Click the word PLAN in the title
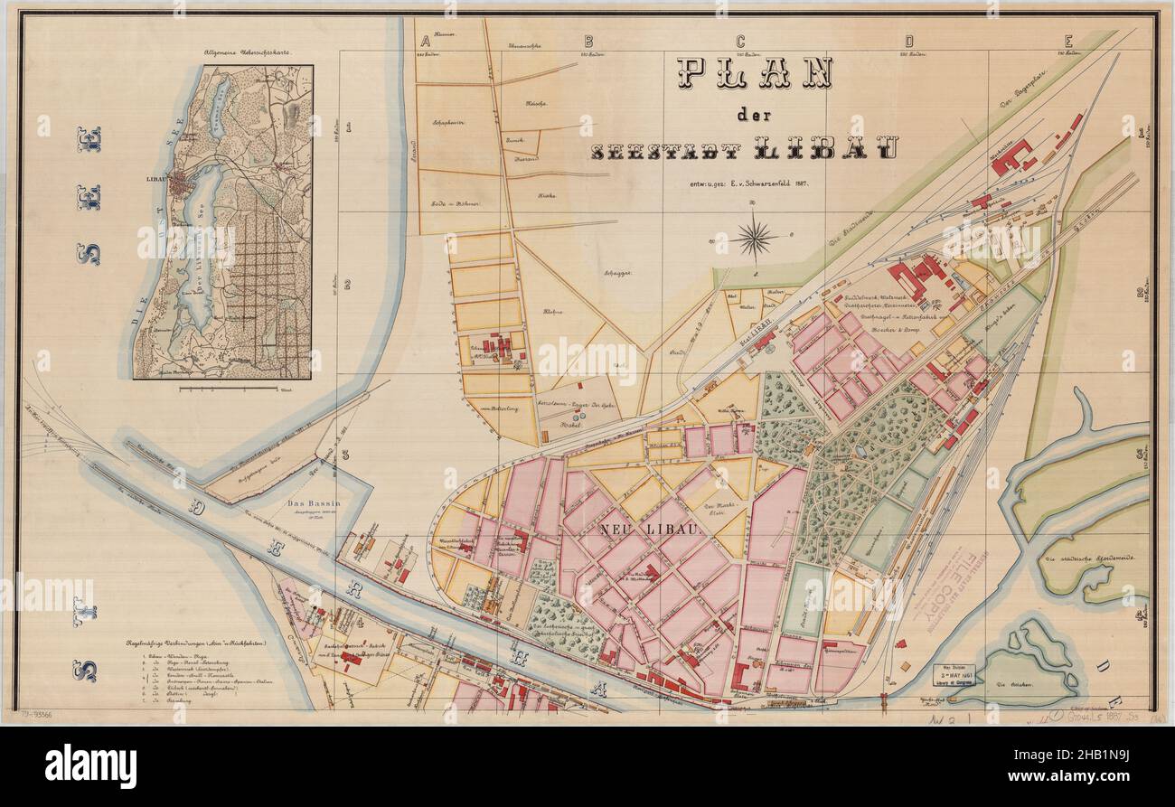point(754,73)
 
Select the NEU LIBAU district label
point(648,529)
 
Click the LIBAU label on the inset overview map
point(159,178)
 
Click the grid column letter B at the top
point(587,41)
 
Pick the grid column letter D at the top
point(908,41)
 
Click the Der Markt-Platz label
point(720,509)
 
